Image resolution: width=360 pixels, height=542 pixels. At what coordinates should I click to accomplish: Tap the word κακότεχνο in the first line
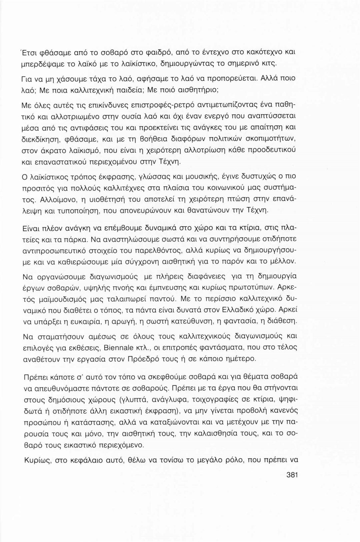click(x=264, y=52)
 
